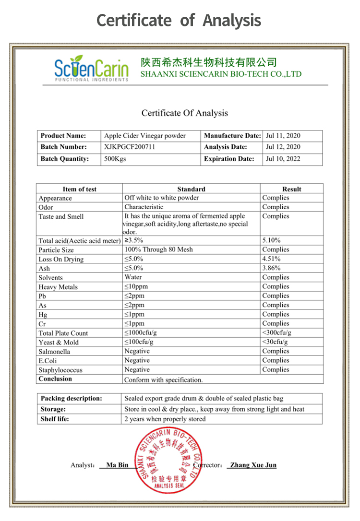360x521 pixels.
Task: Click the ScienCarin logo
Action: click(91, 69)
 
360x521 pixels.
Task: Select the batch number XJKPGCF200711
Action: click(130, 147)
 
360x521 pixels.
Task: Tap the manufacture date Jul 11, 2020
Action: click(283, 136)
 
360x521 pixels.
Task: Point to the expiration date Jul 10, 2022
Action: click(283, 159)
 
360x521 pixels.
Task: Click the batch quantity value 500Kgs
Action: click(115, 159)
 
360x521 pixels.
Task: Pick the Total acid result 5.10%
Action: click(271, 240)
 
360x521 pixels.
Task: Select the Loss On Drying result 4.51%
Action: click(271, 259)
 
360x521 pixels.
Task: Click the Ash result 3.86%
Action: click(271, 268)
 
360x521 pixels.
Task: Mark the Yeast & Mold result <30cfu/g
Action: click(275, 342)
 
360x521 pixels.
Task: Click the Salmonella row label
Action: click(54, 352)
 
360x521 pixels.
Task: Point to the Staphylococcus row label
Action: click(60, 370)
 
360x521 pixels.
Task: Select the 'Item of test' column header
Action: click(79, 189)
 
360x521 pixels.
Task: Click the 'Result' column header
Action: click(291, 189)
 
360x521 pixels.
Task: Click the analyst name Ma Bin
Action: click(117, 465)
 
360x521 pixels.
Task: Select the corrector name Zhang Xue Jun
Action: click(253, 465)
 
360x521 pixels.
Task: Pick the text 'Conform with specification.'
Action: click(163, 380)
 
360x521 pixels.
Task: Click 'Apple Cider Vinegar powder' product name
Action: click(144, 136)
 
